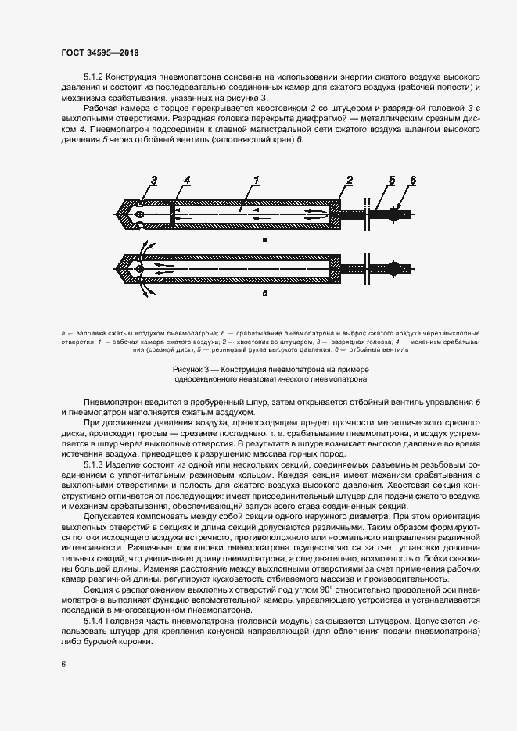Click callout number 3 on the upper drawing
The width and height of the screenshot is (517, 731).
tap(154, 181)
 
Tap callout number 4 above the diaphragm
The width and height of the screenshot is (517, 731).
tap(186, 181)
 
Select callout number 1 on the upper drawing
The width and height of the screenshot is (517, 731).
tap(256, 181)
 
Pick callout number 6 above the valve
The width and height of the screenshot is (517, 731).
tap(413, 181)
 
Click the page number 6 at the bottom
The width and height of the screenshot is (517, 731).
tap(63, 664)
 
